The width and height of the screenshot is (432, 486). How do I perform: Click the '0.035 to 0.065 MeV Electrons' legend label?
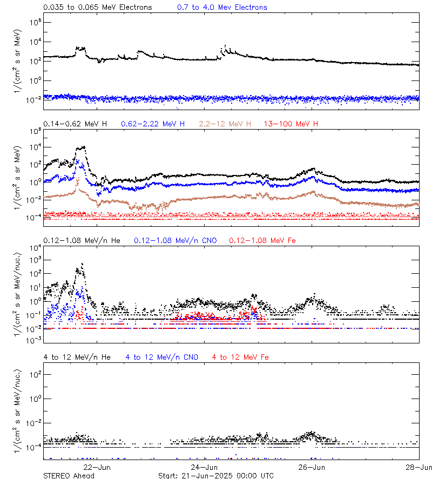pyautogui.click(x=97, y=7)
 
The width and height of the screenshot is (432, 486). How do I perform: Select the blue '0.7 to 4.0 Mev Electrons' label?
pyautogui.click(x=222, y=7)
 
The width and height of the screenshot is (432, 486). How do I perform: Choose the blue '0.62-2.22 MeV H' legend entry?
pyautogui.click(x=153, y=124)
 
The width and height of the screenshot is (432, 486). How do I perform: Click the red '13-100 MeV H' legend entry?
pyautogui.click(x=291, y=124)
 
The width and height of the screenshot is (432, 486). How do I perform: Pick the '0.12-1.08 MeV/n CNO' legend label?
pyautogui.click(x=175, y=240)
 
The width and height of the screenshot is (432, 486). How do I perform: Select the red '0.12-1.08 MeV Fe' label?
pyautogui.click(x=262, y=240)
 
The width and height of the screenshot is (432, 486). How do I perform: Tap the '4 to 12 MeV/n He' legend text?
pyautogui.click(x=77, y=357)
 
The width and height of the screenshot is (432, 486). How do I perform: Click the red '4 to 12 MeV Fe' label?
pyautogui.click(x=240, y=357)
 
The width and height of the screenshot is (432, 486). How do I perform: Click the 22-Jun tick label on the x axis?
pyautogui.click(x=97, y=467)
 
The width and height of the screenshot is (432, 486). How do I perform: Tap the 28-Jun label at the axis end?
pyautogui.click(x=419, y=467)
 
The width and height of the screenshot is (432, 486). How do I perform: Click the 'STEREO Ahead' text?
pyautogui.click(x=69, y=476)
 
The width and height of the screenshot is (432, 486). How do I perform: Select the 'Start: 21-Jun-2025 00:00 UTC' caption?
pyautogui.click(x=215, y=476)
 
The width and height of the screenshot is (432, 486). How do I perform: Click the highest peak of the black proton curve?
pyautogui.click(x=83, y=146)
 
